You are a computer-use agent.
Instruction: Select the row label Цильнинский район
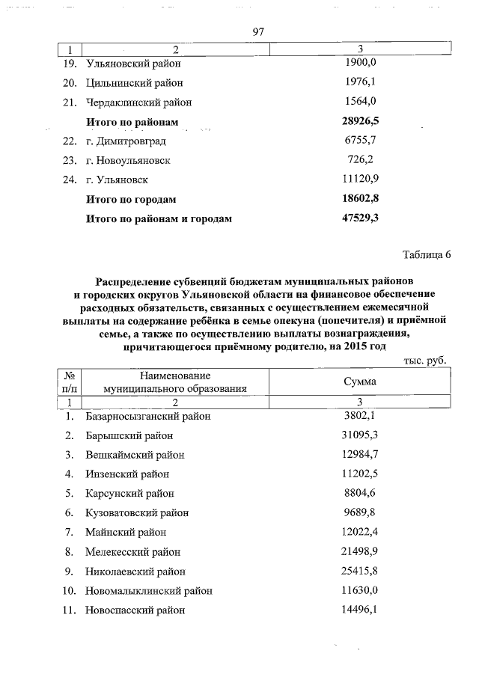(x=135, y=83)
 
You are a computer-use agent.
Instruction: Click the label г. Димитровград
(x=126, y=141)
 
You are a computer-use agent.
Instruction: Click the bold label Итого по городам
(x=131, y=200)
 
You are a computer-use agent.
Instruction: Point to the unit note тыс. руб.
(x=425, y=360)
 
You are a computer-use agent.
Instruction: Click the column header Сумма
(x=360, y=382)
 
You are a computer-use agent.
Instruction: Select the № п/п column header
(x=69, y=382)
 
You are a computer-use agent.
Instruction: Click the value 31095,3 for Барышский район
(x=360, y=435)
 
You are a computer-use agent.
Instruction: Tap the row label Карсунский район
(x=129, y=493)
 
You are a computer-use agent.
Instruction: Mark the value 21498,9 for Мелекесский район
(x=360, y=551)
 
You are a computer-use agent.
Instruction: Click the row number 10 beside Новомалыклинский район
(x=69, y=590)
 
